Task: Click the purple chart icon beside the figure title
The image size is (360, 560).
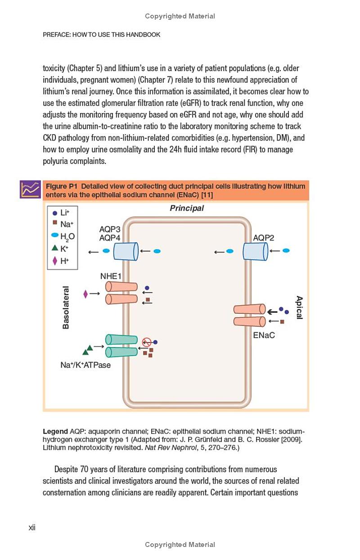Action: tap(30, 190)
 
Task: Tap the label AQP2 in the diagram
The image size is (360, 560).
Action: tap(264, 238)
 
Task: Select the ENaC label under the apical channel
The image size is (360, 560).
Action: tap(264, 335)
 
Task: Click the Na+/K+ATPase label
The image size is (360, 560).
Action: tap(85, 365)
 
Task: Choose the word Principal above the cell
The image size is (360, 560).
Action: tap(187, 208)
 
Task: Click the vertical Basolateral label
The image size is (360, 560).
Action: tap(66, 307)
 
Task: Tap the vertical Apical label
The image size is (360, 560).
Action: tap(299, 307)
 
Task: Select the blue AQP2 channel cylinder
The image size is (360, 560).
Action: tap(255, 251)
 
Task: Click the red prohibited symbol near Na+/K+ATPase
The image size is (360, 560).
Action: tap(146, 342)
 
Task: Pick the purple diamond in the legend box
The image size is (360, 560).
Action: tap(55, 261)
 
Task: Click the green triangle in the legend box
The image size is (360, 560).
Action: tap(54, 248)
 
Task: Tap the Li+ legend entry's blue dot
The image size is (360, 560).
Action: tap(54, 213)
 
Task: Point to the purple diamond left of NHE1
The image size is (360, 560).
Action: tap(85, 294)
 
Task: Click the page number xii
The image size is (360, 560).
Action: tap(32, 528)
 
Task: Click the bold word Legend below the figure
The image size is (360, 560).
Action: tap(55, 431)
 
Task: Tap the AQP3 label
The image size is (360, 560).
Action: tap(110, 229)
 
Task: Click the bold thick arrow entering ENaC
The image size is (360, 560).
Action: tap(272, 312)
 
